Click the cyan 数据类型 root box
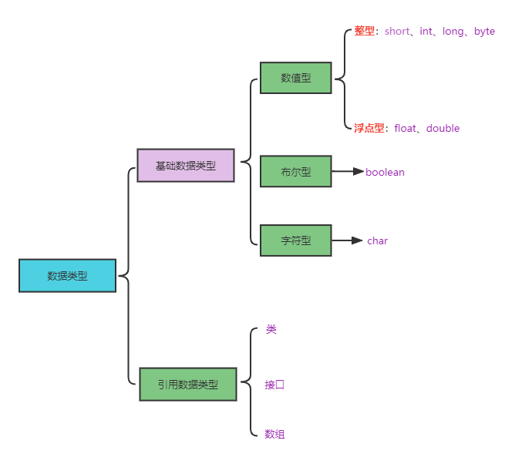click(67, 276)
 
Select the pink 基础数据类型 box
click(185, 166)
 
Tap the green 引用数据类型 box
click(187, 384)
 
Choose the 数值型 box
click(295, 78)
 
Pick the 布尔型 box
click(295, 172)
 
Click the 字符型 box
click(295, 240)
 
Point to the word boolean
click(385, 173)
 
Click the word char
click(377, 241)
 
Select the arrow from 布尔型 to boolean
click(347, 172)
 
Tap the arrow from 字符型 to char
click(347, 240)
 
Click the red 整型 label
click(364, 32)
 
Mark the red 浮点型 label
click(369, 129)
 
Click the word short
click(397, 32)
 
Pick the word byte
click(484, 32)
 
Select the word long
click(453, 32)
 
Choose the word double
click(443, 129)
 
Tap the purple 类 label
click(271, 329)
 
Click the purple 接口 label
click(274, 385)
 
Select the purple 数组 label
click(274, 435)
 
